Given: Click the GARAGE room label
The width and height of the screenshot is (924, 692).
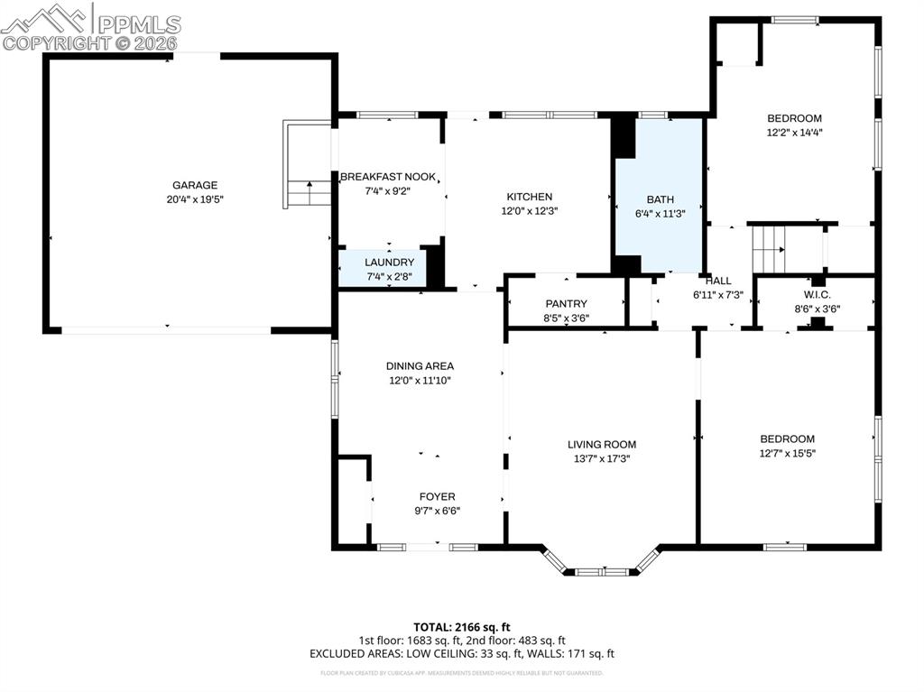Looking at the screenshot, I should (x=195, y=185).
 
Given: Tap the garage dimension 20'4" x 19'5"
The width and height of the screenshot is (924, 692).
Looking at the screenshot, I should (x=195, y=199).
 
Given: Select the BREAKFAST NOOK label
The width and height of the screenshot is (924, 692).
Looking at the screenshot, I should (x=388, y=177).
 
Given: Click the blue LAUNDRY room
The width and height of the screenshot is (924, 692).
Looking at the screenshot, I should (x=383, y=268).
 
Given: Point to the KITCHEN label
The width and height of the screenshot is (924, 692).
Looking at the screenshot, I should (x=529, y=197).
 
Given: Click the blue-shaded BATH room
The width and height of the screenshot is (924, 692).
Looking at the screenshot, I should (x=659, y=198).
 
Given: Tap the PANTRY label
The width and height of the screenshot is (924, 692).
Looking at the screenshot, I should (x=566, y=304).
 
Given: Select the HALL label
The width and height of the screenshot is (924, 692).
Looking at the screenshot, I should (x=718, y=281).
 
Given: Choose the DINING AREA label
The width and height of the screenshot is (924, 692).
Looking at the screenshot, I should (x=420, y=366).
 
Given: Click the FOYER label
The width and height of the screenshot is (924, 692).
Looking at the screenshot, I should (x=437, y=496).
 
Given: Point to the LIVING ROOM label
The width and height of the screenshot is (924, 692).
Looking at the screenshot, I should (x=602, y=444).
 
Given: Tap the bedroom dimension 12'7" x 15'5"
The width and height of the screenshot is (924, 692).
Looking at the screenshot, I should (x=787, y=454).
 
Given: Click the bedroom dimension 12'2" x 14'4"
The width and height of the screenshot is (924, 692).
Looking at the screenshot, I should (x=794, y=132).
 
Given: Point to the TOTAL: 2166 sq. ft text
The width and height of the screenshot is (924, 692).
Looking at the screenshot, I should (x=462, y=626).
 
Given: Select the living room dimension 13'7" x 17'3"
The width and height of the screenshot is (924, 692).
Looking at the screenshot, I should (x=602, y=458).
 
